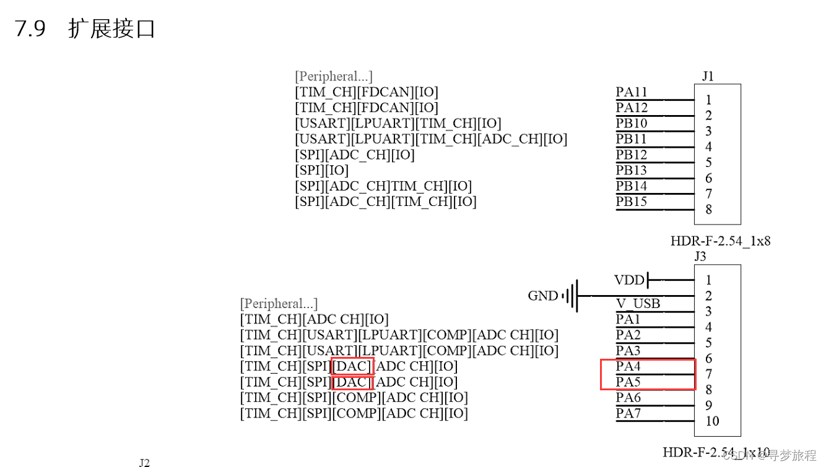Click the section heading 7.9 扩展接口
(85, 28)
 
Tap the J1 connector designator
(708, 76)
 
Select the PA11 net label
(632, 92)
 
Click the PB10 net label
(632, 123)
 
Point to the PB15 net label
(632, 202)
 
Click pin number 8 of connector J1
(708, 209)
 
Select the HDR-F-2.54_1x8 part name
(720, 241)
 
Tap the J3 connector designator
(700, 256)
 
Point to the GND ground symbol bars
(570, 296)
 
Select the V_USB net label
(638, 304)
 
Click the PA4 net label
(628, 366)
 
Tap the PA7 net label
(628, 413)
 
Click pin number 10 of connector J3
(712, 421)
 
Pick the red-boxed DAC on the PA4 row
(352, 366)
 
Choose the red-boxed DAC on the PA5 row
(352, 382)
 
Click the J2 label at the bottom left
(144, 463)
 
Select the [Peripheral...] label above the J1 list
(334, 76)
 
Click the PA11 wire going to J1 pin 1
(655, 100)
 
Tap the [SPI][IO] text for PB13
(321, 170)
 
